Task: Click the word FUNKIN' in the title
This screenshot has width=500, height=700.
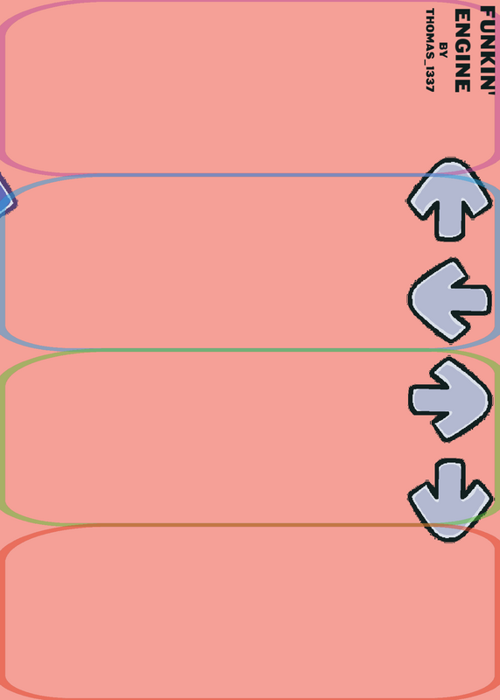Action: tap(488, 49)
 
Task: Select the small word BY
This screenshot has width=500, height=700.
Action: tap(443, 50)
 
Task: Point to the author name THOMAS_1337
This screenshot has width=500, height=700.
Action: tap(430, 50)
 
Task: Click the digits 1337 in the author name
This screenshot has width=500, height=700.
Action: tap(430, 79)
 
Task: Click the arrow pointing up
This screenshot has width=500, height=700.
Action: tap(449, 199)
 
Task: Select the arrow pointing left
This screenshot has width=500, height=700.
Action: tap(449, 300)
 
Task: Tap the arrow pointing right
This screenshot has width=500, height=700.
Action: tap(450, 400)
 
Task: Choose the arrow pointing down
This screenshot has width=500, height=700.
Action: tap(450, 500)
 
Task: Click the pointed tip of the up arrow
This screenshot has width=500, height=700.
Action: tap(449, 160)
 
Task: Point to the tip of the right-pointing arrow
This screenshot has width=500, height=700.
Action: tap(490, 401)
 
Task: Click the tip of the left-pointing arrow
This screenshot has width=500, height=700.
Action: tap(410, 298)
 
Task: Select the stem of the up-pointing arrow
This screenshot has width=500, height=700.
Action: tap(449, 223)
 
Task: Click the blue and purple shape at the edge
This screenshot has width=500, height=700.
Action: tap(5, 196)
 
